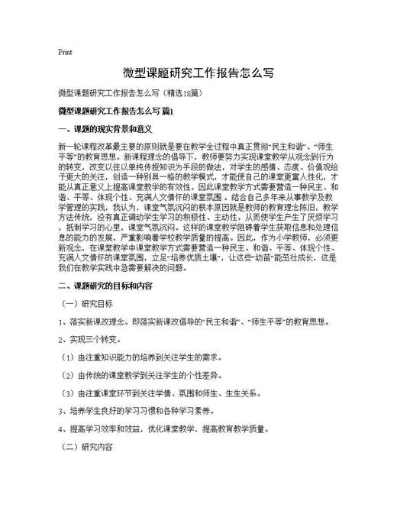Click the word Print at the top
pyautogui.click(x=65, y=53)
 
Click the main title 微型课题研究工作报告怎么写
pyautogui.click(x=198, y=73)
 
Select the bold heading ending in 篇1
pyautogui.click(x=116, y=112)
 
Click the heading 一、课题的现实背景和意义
pyautogui.click(x=106, y=129)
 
